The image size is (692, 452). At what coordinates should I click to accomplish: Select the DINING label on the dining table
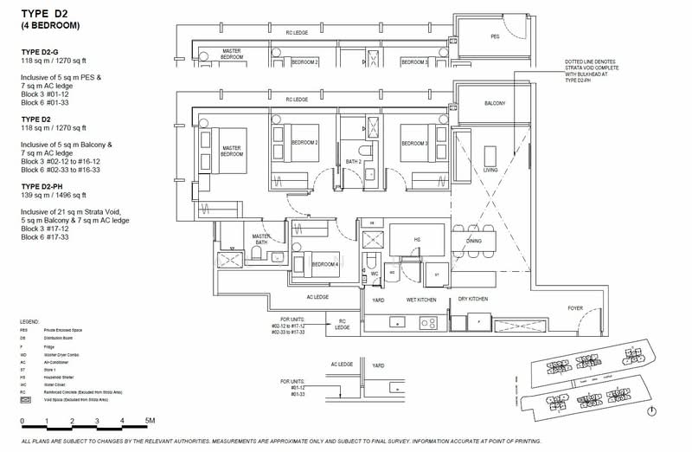click(474, 240)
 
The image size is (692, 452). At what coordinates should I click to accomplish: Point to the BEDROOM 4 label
click(324, 263)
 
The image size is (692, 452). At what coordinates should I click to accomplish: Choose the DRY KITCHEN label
click(472, 299)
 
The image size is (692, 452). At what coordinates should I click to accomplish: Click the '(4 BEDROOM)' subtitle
click(50, 26)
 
